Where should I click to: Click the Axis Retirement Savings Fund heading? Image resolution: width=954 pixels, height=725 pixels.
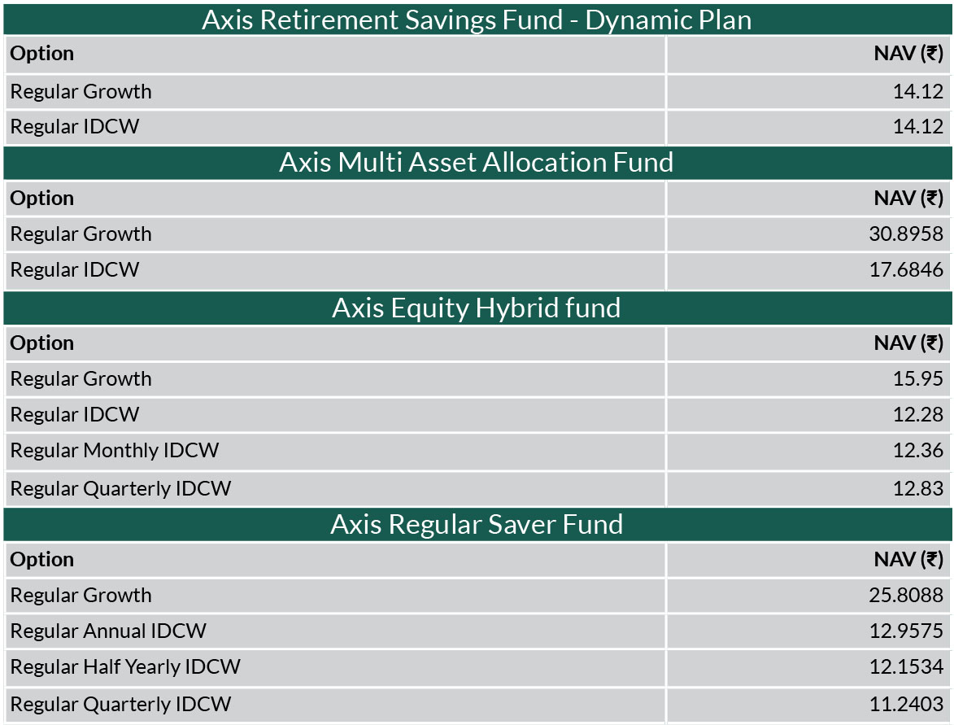(x=477, y=20)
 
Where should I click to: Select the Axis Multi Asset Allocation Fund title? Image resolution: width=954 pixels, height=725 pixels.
(x=477, y=163)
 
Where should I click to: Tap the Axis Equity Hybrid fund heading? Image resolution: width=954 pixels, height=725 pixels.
(x=477, y=308)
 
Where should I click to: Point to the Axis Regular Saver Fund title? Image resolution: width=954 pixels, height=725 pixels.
(x=477, y=524)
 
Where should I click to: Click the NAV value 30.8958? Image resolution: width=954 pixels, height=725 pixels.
(x=906, y=234)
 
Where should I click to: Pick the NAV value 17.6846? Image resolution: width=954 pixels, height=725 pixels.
(x=906, y=269)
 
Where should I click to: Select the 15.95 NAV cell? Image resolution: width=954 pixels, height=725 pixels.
(x=917, y=378)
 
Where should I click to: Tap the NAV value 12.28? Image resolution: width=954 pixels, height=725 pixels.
(x=917, y=414)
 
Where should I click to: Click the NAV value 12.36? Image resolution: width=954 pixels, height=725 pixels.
(x=917, y=451)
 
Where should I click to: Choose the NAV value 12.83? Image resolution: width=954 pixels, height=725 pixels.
(x=917, y=488)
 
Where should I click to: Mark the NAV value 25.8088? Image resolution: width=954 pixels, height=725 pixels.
(x=906, y=595)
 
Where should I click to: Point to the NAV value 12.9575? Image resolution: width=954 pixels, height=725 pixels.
(x=906, y=631)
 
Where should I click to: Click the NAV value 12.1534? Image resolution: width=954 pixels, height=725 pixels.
(x=906, y=666)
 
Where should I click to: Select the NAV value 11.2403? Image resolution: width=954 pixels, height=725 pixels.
(x=906, y=705)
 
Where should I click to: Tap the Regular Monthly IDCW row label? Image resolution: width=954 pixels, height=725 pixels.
(x=115, y=451)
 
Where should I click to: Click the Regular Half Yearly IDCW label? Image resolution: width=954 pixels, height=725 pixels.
(x=125, y=666)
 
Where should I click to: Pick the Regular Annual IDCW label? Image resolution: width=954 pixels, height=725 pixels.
(x=108, y=631)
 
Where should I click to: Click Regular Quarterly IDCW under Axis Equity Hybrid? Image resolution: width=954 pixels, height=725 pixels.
(x=120, y=488)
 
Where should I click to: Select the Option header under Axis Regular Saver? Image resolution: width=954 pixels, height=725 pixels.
(x=42, y=560)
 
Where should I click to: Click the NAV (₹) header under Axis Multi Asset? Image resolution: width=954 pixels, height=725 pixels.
(x=908, y=198)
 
